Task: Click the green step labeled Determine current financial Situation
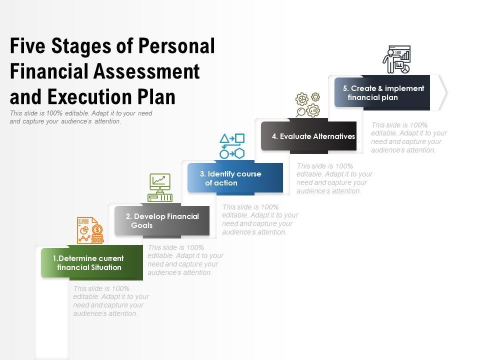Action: (92, 262)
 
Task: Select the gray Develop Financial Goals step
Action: (162, 220)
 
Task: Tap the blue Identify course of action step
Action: (235, 178)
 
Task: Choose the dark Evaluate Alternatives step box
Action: (308, 136)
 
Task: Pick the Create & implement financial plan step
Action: (382, 92)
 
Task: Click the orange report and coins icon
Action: (90, 230)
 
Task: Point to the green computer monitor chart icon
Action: (160, 187)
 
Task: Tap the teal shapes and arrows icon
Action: (232, 146)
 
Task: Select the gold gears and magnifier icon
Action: (307, 104)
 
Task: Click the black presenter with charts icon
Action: (396, 59)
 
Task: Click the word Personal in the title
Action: (176, 46)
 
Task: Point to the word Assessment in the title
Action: (146, 71)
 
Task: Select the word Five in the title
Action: (27, 46)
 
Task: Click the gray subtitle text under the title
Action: (81, 117)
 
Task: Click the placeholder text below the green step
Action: (111, 301)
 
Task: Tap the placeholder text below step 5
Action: (409, 137)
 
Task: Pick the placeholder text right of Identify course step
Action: (334, 178)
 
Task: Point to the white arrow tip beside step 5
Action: (446, 92)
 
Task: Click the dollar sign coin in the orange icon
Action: (97, 229)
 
